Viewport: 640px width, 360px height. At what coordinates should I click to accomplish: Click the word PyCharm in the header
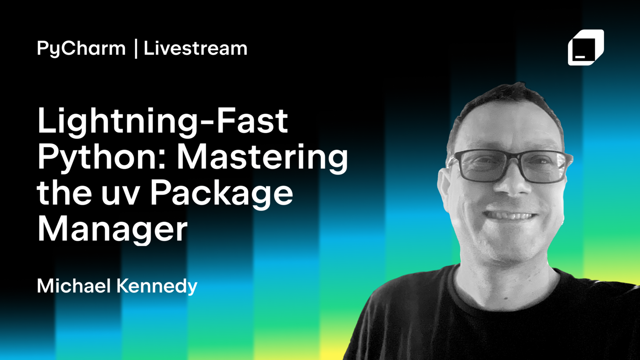pyautogui.click(x=81, y=49)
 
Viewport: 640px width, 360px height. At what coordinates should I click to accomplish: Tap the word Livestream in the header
pyautogui.click(x=196, y=48)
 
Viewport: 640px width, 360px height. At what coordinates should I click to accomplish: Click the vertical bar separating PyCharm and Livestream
pyautogui.click(x=136, y=49)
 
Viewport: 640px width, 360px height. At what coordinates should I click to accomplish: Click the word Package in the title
pyautogui.click(x=221, y=194)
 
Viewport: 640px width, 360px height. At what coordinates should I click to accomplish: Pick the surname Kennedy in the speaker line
pyautogui.click(x=157, y=286)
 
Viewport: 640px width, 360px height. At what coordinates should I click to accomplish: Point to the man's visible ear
pyautogui.click(x=445, y=189)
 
